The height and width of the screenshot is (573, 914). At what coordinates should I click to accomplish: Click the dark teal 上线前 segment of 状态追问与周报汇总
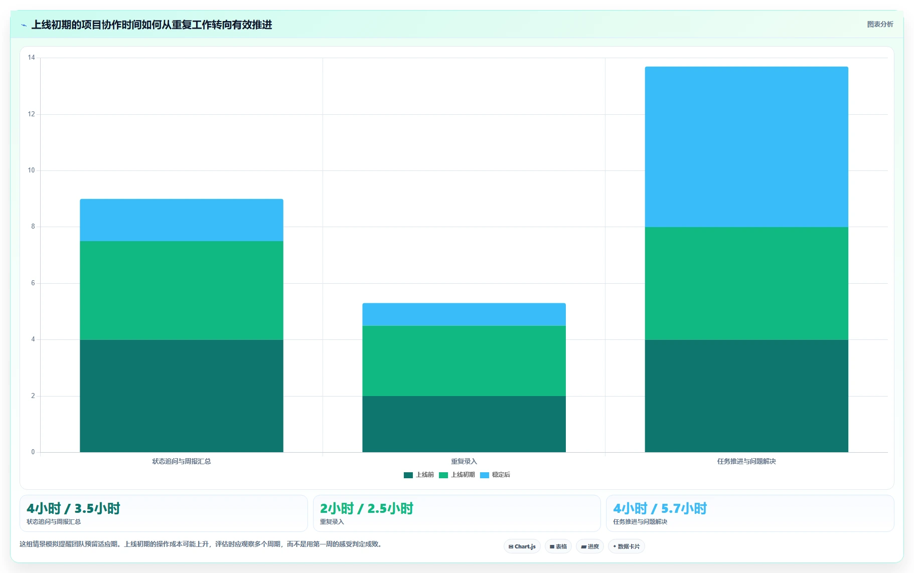click(x=182, y=396)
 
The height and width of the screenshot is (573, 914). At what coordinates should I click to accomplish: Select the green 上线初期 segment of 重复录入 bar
click(x=464, y=361)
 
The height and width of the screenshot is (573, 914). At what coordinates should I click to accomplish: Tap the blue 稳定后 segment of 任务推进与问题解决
click(x=746, y=147)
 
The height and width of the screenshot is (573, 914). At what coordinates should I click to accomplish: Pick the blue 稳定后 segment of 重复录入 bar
click(x=464, y=314)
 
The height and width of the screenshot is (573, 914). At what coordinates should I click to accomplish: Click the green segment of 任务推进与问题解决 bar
click(x=746, y=283)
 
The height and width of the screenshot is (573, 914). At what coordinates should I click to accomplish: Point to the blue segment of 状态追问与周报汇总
click(x=182, y=220)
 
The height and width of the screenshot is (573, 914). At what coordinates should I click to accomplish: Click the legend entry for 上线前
click(x=419, y=475)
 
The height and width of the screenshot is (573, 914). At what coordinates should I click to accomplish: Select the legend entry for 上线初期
click(x=457, y=475)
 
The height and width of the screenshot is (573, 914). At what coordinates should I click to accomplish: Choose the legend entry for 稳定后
click(x=495, y=475)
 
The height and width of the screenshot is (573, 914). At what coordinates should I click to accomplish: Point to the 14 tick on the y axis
click(x=32, y=58)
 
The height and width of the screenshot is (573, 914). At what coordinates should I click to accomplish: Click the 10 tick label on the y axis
click(x=32, y=170)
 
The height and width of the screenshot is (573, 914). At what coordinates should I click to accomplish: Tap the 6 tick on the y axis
click(x=33, y=283)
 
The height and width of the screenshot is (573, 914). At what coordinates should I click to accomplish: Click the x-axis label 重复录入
click(x=464, y=461)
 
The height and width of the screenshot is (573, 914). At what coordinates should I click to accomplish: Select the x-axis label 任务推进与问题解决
click(x=746, y=461)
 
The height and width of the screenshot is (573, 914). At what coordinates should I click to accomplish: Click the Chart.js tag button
click(x=522, y=546)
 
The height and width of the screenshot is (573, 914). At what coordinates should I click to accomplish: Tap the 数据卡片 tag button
click(x=626, y=546)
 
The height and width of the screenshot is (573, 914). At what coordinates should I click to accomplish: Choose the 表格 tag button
click(x=558, y=546)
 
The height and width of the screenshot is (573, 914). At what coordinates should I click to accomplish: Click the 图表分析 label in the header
click(x=880, y=24)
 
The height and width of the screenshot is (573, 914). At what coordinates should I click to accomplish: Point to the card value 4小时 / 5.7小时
click(x=660, y=508)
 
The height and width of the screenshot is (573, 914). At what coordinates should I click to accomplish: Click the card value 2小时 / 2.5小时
click(x=367, y=508)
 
